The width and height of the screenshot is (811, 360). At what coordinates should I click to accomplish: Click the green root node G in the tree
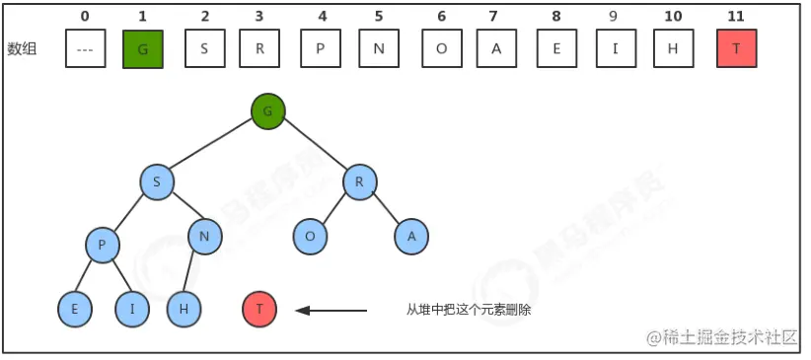pyautogui.click(x=267, y=111)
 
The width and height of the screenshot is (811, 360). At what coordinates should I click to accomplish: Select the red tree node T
pyautogui.click(x=259, y=310)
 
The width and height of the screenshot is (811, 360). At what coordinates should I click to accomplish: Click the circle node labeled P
pyautogui.click(x=102, y=245)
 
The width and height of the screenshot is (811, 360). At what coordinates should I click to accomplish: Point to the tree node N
pyautogui.click(x=204, y=237)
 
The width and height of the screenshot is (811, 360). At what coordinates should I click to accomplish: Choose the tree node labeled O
pyautogui.click(x=310, y=237)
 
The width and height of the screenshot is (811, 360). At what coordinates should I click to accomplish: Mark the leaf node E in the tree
pyautogui.click(x=74, y=310)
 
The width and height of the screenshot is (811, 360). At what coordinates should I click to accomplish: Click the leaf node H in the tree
pyautogui.click(x=184, y=310)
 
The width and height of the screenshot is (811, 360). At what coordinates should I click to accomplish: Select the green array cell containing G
pyautogui.click(x=143, y=49)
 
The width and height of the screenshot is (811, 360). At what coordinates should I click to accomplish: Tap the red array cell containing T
pyautogui.click(x=737, y=49)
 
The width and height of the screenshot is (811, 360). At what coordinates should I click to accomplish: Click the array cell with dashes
pyautogui.click(x=85, y=49)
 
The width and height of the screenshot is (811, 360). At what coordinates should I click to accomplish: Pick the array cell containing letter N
pyautogui.click(x=379, y=49)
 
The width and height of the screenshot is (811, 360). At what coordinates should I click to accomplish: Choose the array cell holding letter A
pyautogui.click(x=496, y=49)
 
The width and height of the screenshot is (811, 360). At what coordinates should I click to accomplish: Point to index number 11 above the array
pyautogui.click(x=736, y=16)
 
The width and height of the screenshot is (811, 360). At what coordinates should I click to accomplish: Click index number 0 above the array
pyautogui.click(x=85, y=16)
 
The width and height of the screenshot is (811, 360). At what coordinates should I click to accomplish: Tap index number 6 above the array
pyautogui.click(x=441, y=16)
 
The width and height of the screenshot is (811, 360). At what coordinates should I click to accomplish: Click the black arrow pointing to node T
pyautogui.click(x=332, y=311)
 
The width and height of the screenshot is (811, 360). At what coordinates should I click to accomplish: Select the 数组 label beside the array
pyautogui.click(x=22, y=49)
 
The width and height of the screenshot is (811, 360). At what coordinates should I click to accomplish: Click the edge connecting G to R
pyautogui.click(x=315, y=147)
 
